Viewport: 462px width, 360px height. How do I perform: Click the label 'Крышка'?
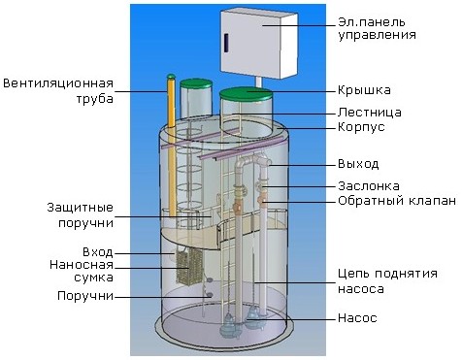pyautogui.click(x=364, y=90)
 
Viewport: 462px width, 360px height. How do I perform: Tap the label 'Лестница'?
pyautogui.click(x=370, y=113)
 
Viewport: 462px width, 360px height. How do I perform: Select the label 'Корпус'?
pyautogui.click(x=361, y=127)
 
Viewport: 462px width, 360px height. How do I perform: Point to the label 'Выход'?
pyautogui.click(x=358, y=164)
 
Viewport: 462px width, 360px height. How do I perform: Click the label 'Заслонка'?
pyautogui.click(x=369, y=186)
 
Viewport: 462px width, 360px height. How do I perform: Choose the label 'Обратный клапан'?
pyautogui.click(x=397, y=201)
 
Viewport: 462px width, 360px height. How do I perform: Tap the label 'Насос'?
pyautogui.click(x=357, y=318)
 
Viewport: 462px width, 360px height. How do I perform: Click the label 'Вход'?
pyautogui.click(x=98, y=252)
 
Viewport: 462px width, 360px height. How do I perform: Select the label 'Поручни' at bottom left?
pyautogui.click(x=85, y=296)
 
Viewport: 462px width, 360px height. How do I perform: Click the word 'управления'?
pyautogui.click(x=378, y=35)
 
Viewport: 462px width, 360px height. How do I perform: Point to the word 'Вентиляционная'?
pyautogui.click(x=58, y=83)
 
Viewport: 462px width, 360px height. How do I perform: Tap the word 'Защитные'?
pyautogui.click(x=81, y=208)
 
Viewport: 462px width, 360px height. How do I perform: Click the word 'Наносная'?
pyautogui.click(x=82, y=265)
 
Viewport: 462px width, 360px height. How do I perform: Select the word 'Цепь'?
pyautogui.click(x=353, y=274)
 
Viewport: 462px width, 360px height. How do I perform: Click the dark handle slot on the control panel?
pyautogui.click(x=226, y=43)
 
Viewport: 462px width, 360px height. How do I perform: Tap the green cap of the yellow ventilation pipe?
pyautogui.click(x=171, y=77)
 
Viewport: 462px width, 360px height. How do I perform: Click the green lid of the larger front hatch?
pyautogui.click(x=246, y=93)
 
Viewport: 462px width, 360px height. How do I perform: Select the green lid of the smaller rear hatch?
pyautogui.click(x=196, y=83)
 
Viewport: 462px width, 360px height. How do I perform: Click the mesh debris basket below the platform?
pyautogui.click(x=189, y=264)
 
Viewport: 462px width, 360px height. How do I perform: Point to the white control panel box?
pyautogui.click(x=259, y=44)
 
